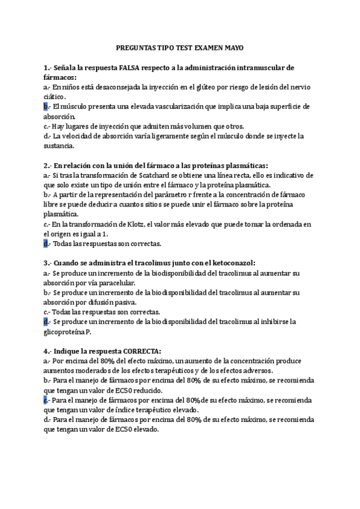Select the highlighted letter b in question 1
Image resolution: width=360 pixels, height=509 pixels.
(46, 107)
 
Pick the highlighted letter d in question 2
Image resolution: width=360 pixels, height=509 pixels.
(46, 244)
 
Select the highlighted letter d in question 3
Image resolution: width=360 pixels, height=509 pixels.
(46, 322)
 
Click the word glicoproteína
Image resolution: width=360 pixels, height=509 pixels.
(64, 332)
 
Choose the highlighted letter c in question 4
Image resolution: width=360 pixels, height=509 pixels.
(46, 400)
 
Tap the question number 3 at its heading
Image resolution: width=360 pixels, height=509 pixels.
(46, 263)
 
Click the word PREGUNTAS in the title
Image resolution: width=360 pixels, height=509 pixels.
(137, 47)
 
